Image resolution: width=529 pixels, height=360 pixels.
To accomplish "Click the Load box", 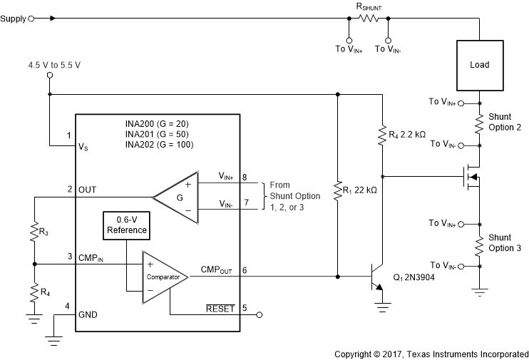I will tap(480, 65).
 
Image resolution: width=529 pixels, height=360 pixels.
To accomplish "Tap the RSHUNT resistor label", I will tap(369, 6).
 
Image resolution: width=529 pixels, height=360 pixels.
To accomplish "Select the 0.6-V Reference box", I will tap(125, 225).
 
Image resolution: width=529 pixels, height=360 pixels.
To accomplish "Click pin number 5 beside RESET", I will tap(245, 308).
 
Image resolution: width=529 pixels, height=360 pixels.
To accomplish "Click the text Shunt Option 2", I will tap(504, 122).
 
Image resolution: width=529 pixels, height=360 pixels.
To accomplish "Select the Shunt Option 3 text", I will tap(504, 242).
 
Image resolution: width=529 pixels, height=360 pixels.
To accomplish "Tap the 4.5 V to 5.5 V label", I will tap(54, 66).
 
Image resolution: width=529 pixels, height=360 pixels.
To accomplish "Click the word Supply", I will tap(13, 19).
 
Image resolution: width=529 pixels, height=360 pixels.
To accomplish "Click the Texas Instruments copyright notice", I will tap(431, 353).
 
